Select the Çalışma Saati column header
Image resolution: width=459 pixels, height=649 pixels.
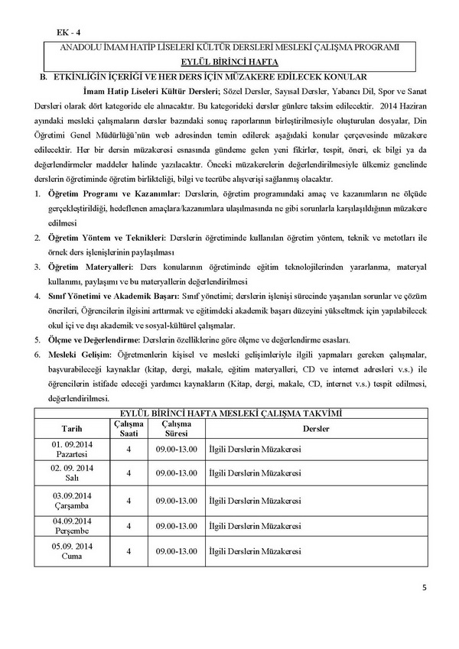[129, 428]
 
